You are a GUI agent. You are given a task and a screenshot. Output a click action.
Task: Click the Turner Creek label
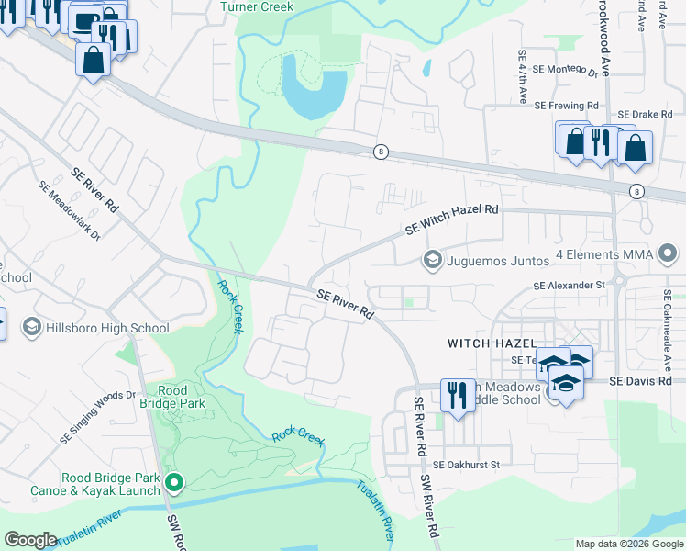pos(258,7)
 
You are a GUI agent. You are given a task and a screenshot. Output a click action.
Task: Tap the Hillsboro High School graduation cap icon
pos(31,328)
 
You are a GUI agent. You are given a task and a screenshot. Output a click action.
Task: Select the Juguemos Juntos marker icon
pos(432,261)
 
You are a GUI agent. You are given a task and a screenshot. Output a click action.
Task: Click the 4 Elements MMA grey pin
pos(669,253)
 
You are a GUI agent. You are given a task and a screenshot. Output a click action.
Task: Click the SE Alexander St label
pos(570,286)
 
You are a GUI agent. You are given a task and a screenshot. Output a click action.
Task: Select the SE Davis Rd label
pos(641,380)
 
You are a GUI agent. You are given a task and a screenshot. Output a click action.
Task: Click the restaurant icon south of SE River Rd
pos(456,394)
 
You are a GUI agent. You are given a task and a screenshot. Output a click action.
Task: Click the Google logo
pos(30,540)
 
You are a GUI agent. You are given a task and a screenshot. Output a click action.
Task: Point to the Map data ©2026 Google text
pos(628,544)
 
